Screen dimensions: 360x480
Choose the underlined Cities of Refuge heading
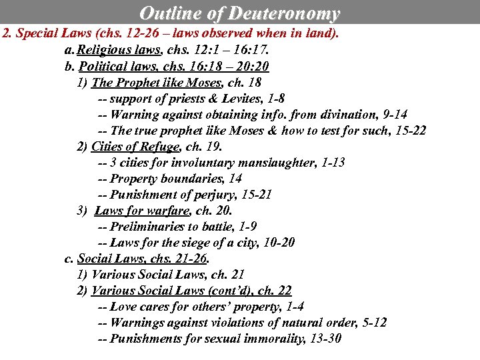tap(135, 147)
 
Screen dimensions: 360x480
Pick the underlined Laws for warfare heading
tap(142, 211)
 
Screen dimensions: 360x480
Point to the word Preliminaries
tap(147, 227)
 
